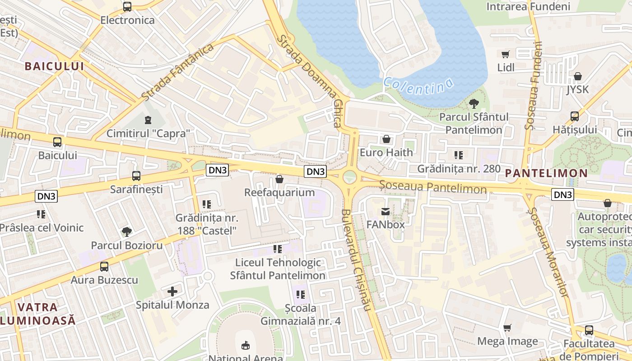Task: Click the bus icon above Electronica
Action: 127,7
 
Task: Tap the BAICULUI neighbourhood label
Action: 55,66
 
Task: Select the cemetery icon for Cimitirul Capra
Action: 148,120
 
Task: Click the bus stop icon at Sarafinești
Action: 136,176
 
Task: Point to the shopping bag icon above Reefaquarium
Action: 279,180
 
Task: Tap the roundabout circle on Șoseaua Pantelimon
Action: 349,177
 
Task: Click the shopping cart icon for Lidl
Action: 506,55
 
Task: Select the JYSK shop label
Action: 578,89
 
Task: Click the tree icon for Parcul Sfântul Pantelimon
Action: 474,104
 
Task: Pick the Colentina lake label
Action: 418,86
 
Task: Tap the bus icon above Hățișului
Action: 575,116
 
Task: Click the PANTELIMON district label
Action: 546,173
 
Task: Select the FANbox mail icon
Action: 386,211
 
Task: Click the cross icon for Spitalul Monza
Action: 172,292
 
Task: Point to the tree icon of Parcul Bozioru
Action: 127,232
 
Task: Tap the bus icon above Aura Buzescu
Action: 104,266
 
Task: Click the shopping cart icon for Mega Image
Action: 507,328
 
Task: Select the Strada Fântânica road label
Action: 177,72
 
